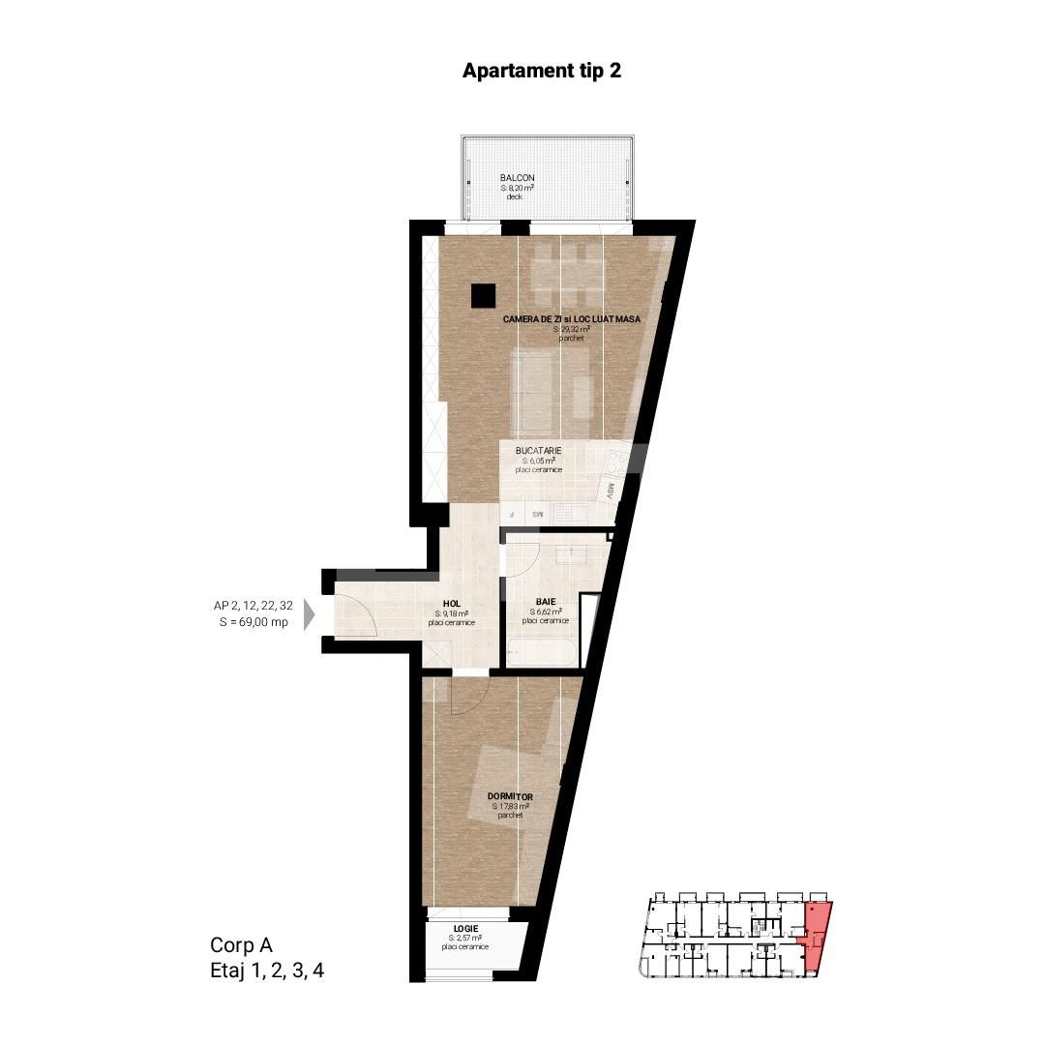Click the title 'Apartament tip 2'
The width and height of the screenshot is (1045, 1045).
click(541, 72)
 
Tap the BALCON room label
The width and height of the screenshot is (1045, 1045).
click(517, 178)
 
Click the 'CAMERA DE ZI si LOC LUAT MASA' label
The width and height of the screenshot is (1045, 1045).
click(572, 318)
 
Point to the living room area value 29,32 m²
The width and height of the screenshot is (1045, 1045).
click(572, 329)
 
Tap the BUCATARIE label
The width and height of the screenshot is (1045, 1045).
click(538, 451)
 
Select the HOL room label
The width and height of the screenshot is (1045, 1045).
click(451, 602)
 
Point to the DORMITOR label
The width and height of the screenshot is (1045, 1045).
click(510, 796)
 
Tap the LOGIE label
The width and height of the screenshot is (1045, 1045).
click(464, 928)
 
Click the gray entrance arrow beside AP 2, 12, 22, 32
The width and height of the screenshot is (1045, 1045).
click(310, 614)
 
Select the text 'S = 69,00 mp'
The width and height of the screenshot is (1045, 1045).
click(254, 622)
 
